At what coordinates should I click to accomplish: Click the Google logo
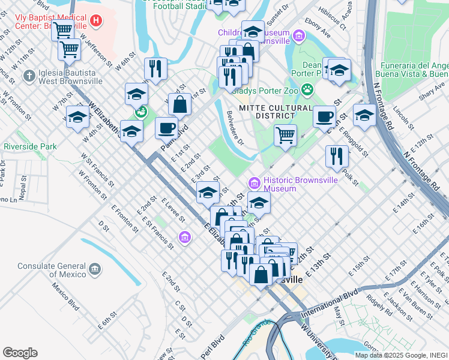tap(20, 352)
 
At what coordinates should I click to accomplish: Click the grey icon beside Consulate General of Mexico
tap(94, 270)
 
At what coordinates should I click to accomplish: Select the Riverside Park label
tap(30, 146)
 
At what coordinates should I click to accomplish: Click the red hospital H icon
tap(95, 22)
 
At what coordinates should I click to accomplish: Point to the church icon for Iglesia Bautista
tap(28, 76)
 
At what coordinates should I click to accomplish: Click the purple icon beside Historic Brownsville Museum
tap(253, 182)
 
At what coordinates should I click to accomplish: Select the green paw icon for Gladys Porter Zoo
tap(307, 90)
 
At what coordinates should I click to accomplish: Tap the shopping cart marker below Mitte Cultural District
tap(285, 134)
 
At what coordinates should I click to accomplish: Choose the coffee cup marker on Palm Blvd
tap(166, 127)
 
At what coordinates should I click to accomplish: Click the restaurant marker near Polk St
tap(337, 156)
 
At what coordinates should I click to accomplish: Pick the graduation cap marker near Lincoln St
tap(364, 116)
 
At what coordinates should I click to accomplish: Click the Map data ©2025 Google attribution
tap(401, 355)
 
